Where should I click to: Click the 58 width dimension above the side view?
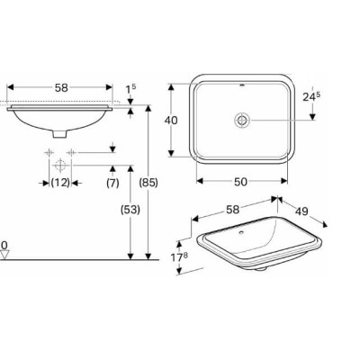tap(60, 88)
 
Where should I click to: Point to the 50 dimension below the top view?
tap(240, 182)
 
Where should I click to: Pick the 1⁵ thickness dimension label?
tap(130, 88)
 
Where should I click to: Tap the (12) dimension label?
tap(60, 183)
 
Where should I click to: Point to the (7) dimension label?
tap(112, 183)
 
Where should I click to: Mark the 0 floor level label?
tap(4, 244)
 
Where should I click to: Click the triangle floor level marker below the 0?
tap(5, 255)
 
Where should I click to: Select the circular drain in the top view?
tap(242, 119)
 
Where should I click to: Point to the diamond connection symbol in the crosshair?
tap(59, 166)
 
